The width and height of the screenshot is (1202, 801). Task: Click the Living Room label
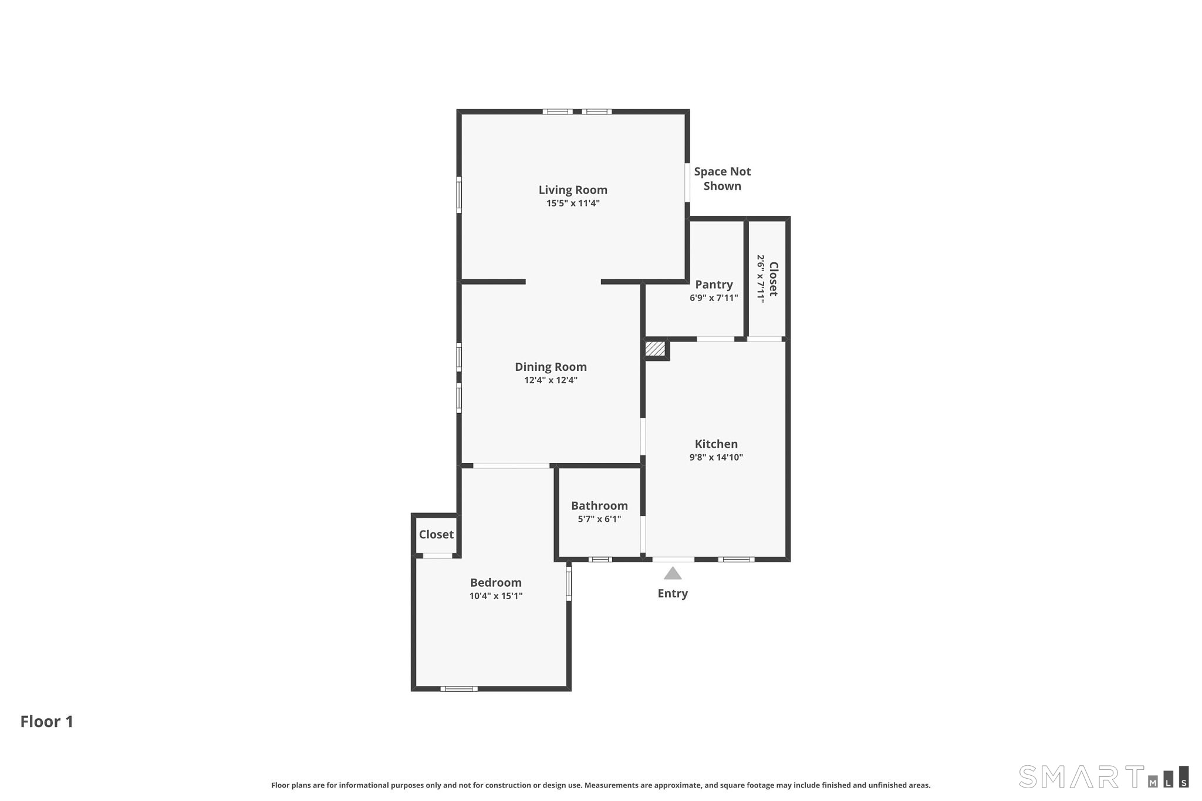pos(573,190)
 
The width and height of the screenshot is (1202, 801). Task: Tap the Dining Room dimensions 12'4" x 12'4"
pos(551,380)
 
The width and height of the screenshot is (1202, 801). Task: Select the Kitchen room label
pos(716,444)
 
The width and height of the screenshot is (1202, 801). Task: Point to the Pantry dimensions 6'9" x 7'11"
pos(714,298)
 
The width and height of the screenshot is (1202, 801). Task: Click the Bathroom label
pos(599,506)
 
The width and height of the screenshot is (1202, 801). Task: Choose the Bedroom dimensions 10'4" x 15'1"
pos(496,596)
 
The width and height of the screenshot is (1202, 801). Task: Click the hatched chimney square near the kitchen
pos(655,349)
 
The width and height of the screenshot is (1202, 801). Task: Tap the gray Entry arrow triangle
pos(673,573)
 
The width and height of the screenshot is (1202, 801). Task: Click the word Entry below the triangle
pos(673,593)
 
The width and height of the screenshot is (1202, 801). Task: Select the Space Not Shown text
pos(722,178)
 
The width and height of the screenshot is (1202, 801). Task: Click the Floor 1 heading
pos(47,721)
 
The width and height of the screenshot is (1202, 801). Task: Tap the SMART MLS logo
pos(1103,776)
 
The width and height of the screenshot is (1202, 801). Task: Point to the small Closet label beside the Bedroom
pos(436,535)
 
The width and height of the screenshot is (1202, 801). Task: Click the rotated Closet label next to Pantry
pos(773,279)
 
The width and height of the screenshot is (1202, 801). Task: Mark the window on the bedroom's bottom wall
pos(459,689)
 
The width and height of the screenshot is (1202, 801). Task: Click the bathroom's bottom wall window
pos(600,559)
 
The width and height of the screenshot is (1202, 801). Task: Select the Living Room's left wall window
pos(459,194)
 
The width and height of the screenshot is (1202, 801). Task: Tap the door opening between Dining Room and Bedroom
pos(511,466)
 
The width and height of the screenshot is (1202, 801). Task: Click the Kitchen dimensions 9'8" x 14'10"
pos(716,458)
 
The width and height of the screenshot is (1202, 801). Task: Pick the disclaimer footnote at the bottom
pos(600,785)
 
